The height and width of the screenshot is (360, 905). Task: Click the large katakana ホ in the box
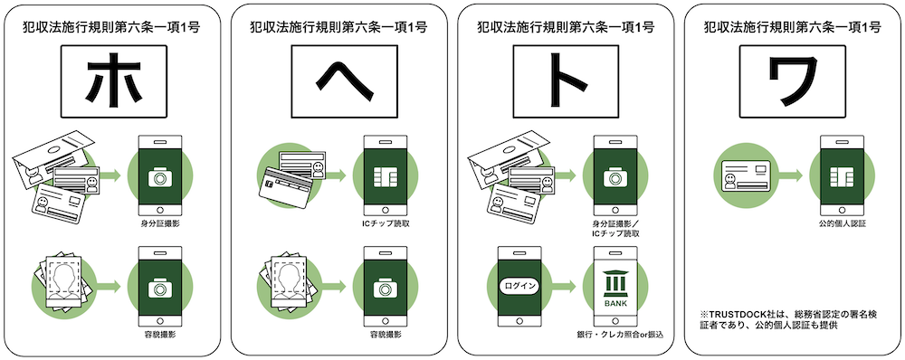tap(111, 82)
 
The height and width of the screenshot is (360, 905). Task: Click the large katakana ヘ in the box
tap(339, 82)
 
